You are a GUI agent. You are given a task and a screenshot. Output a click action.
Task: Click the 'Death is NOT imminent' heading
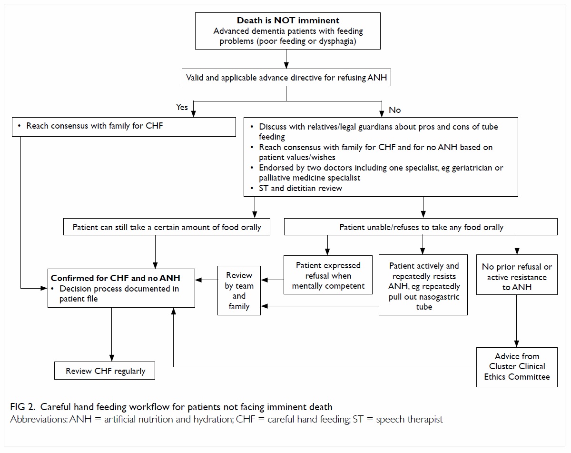[288, 20]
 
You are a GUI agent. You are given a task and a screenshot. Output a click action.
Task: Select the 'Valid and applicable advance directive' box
[286, 78]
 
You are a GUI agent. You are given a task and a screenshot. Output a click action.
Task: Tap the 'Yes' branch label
[182, 107]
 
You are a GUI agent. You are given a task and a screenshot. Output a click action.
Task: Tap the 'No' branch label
[394, 110]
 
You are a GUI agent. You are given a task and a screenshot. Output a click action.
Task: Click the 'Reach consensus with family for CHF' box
[124, 127]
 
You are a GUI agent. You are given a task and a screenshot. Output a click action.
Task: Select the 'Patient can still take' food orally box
[167, 227]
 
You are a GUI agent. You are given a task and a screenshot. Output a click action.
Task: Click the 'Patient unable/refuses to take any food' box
[421, 227]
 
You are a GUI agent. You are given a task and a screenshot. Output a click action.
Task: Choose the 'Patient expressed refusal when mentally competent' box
[328, 275]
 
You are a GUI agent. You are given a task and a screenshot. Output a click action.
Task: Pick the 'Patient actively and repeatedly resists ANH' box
[423, 285]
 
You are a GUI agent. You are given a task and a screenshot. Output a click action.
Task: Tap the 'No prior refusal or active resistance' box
[517, 275]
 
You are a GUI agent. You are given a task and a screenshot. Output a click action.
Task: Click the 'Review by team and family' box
[239, 291]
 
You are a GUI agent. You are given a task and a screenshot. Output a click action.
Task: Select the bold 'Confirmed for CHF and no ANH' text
[116, 278]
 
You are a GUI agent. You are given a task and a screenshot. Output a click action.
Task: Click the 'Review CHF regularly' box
[105, 371]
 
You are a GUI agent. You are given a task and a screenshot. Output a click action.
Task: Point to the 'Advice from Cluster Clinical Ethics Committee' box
[517, 367]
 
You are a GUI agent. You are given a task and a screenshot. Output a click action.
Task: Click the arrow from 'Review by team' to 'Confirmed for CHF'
[207, 280]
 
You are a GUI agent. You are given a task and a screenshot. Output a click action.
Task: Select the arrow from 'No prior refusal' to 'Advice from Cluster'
[517, 321]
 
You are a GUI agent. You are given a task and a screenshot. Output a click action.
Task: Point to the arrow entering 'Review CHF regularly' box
[112, 334]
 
